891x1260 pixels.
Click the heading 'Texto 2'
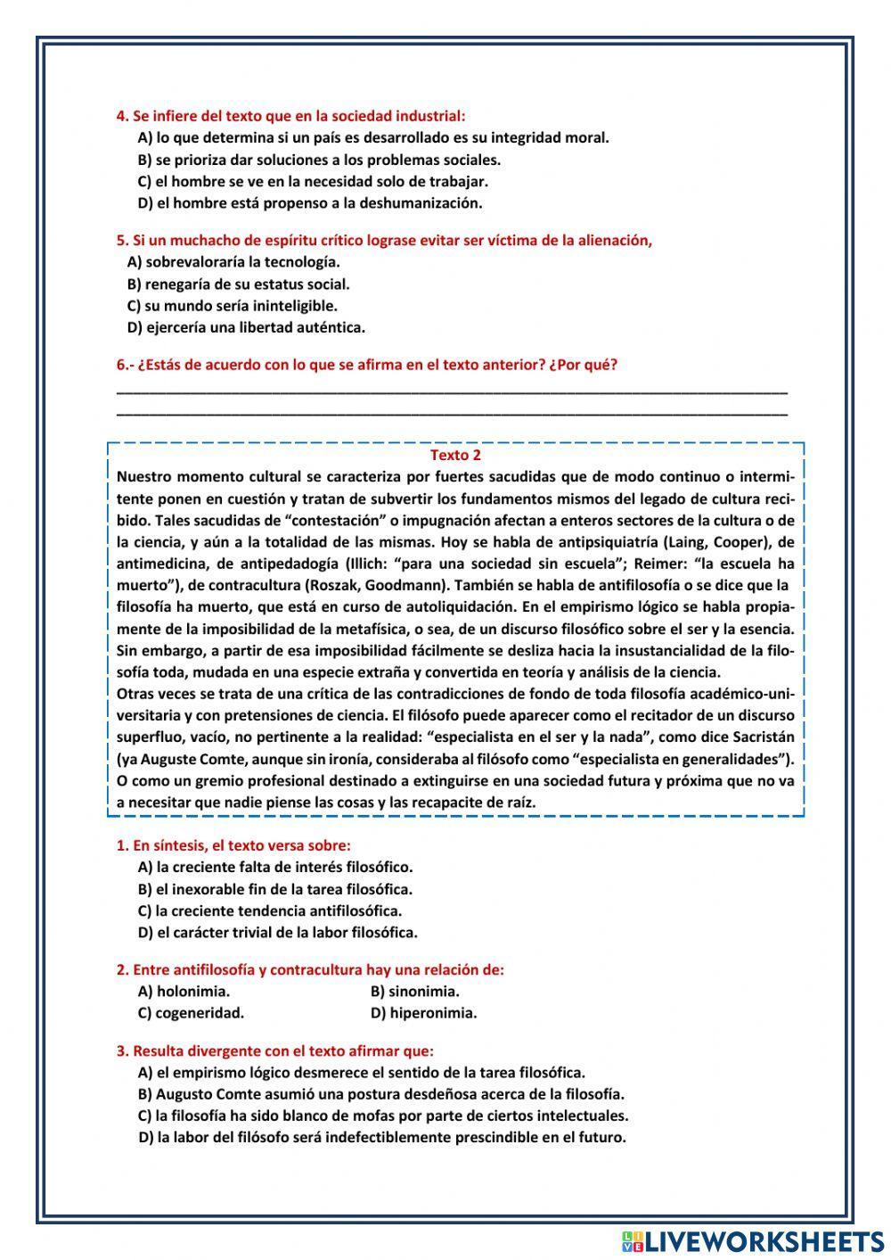tap(455, 455)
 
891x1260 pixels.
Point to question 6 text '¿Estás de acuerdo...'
tap(367, 365)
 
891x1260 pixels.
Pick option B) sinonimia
tap(414, 992)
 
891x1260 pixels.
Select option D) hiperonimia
tap(423, 1013)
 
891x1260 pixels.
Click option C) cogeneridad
tap(191, 1013)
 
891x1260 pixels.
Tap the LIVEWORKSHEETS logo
tap(752, 1240)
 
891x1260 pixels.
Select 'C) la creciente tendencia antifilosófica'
tap(269, 911)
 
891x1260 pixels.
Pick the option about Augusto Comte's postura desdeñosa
tap(380, 1094)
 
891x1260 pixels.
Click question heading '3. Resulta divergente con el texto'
tap(275, 1050)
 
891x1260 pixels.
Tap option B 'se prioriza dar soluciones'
tap(319, 161)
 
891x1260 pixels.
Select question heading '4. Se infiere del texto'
tap(290, 116)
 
